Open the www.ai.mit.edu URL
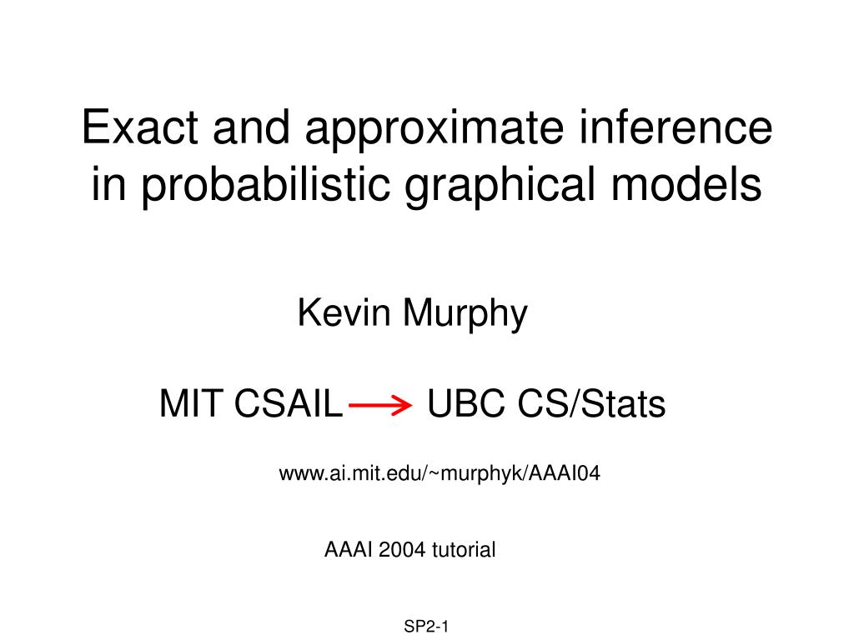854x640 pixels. [439, 474]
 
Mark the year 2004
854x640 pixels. [400, 549]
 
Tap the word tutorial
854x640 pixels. [463, 549]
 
